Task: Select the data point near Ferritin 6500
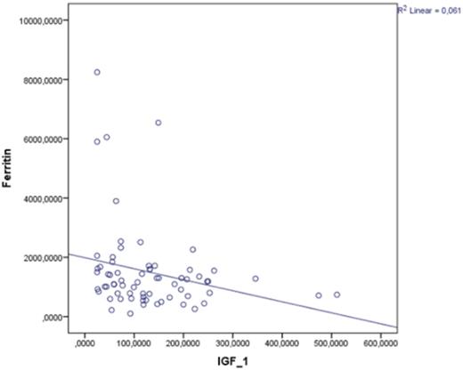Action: pyautogui.click(x=158, y=123)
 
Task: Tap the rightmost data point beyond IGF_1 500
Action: pyautogui.click(x=337, y=294)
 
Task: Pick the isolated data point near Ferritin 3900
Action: pyautogui.click(x=116, y=201)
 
